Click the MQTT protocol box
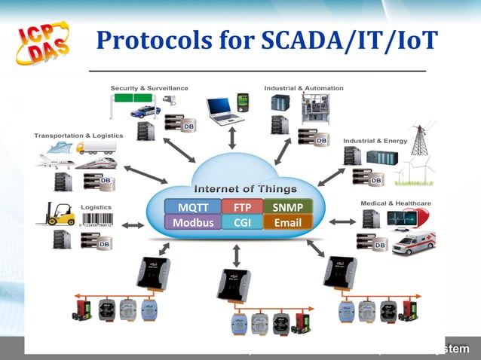point(192,207)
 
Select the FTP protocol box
point(242,207)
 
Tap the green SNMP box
point(287,207)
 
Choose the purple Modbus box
point(192,223)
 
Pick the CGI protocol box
point(242,223)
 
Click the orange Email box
point(287,223)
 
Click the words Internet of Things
point(246,188)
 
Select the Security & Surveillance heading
point(149,88)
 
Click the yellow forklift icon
point(60,213)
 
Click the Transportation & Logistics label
point(72,136)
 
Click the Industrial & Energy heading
point(375,141)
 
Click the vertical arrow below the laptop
point(232,138)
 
